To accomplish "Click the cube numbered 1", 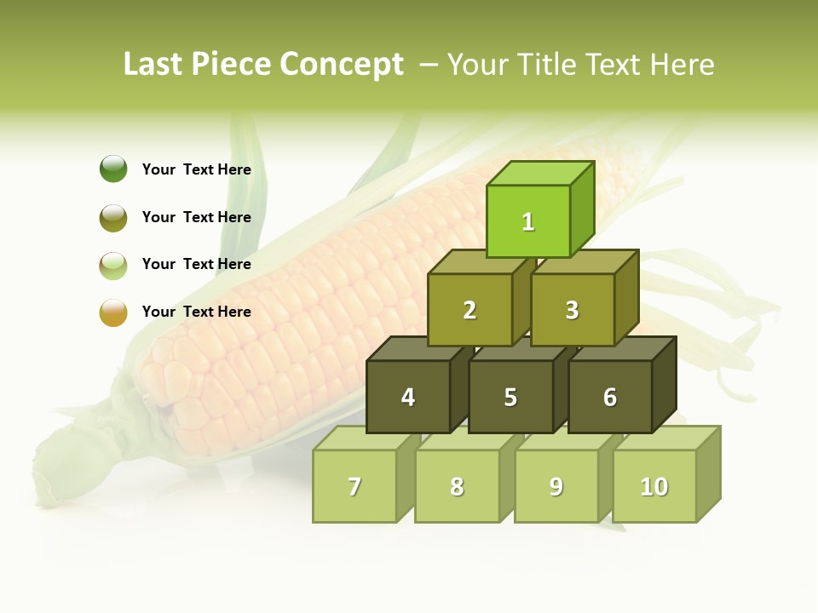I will pos(528,221).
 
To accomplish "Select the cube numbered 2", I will pos(469,310).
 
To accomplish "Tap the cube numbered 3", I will pos(572,310).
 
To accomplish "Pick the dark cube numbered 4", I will pos(408,397).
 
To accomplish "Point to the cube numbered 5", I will pos(510,397).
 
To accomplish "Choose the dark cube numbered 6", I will pos(610,397).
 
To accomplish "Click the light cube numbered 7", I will pos(354,486).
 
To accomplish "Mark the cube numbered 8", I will pos(457,486).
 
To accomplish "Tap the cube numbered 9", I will pos(556,486).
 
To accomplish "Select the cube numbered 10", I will pos(654,486).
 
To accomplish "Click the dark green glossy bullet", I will pos(113,169).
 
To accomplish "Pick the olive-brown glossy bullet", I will pos(113,217).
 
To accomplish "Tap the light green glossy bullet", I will pos(113,265).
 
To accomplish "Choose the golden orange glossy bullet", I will pos(113,312).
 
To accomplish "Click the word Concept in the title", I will pos(342,65).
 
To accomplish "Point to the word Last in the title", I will pos(153,65).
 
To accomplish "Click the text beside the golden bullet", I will pos(196,312).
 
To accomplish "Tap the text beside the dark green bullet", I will pos(196,169).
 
